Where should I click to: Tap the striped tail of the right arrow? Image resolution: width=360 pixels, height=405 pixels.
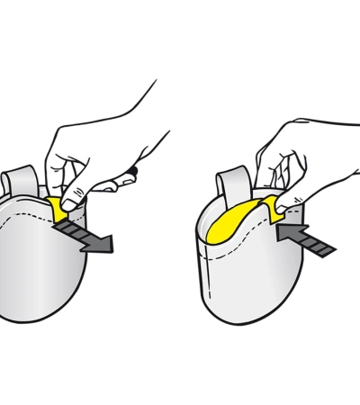[x=315, y=242]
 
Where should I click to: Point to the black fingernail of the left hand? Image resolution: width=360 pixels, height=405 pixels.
[x=132, y=169]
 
